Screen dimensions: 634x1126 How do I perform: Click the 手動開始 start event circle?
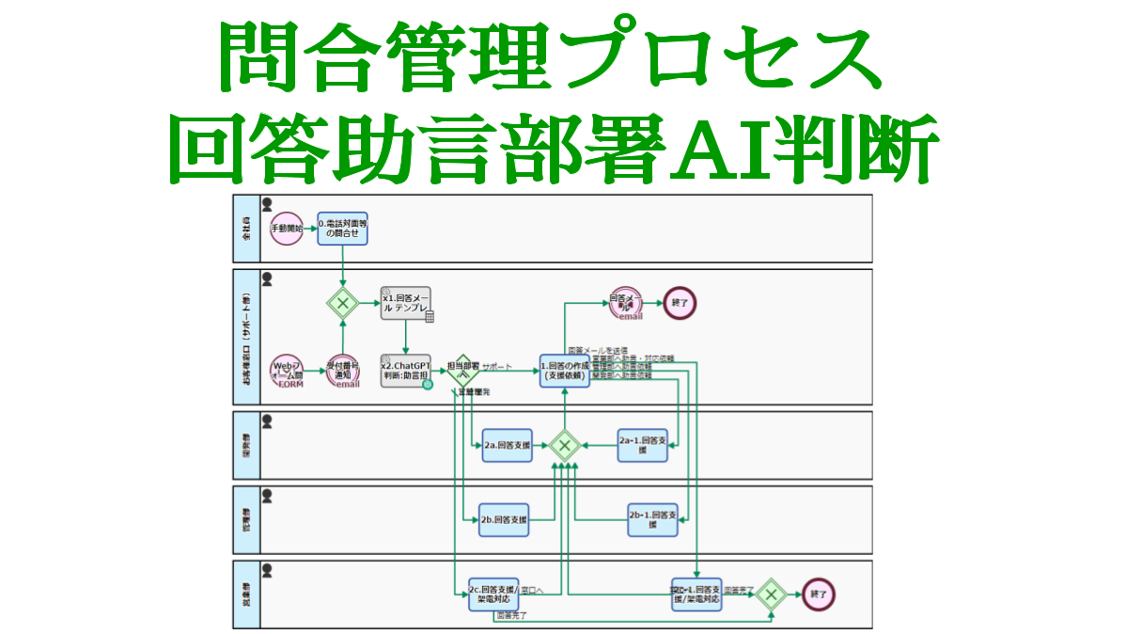pos(287,229)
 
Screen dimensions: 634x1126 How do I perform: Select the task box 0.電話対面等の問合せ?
pos(342,228)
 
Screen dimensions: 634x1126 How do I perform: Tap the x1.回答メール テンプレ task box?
pos(406,303)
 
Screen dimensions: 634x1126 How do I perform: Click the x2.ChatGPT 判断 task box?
pos(406,370)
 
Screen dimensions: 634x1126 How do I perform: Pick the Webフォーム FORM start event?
pos(287,371)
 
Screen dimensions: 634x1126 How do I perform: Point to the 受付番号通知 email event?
pos(342,371)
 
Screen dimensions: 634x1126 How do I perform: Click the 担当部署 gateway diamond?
pos(462,370)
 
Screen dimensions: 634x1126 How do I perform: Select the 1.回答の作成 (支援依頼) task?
pos(564,370)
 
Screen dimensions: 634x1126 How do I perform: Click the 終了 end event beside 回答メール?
pos(680,303)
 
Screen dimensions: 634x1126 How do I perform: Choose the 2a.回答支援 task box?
pos(507,446)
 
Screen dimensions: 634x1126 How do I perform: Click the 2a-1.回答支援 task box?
pos(642,445)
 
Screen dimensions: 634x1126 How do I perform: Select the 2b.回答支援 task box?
pos(504,519)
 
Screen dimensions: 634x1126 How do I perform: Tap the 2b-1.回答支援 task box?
pos(652,519)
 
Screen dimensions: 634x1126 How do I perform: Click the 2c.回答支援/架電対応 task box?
pos(493,594)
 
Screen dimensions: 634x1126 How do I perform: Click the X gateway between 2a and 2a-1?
pos(564,445)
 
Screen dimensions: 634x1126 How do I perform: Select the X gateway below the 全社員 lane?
pos(342,303)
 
